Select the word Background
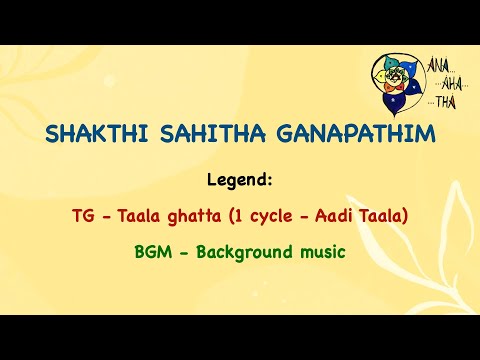click(237, 252)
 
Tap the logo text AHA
click(449, 83)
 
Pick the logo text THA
click(446, 101)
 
